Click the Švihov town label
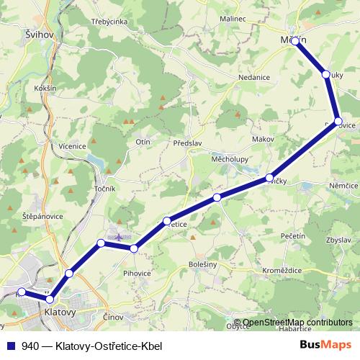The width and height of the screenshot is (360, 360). [x=37, y=34]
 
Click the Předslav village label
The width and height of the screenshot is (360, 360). [x=187, y=143]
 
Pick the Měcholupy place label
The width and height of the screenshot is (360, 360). [x=230, y=158]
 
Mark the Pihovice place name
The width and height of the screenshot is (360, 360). [x=136, y=274]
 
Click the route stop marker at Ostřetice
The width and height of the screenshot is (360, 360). [x=167, y=220]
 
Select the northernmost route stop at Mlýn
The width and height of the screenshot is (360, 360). [x=295, y=42]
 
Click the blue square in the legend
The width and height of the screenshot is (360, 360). [x=11, y=345]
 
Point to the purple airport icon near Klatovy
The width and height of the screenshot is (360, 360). [x=119, y=237]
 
